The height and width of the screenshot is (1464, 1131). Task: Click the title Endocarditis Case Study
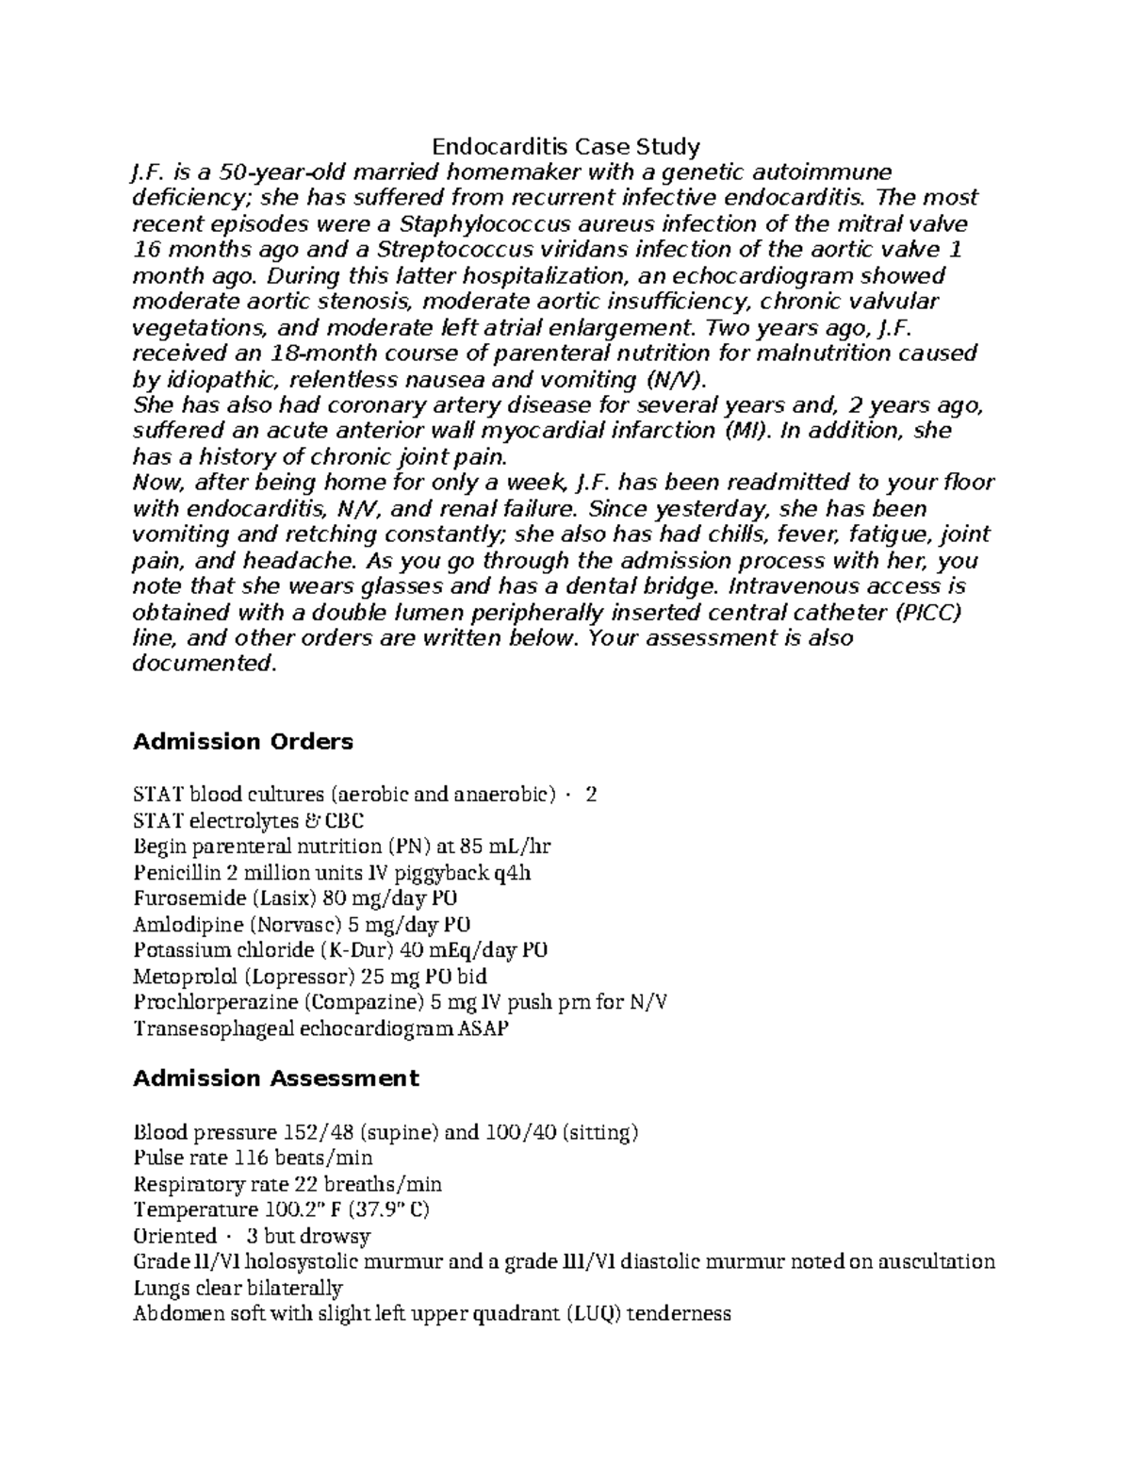pyautogui.click(x=565, y=146)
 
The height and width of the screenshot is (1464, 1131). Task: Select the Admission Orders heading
pyautogui.click(x=242, y=742)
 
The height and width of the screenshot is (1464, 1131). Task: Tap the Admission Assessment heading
pyautogui.click(x=275, y=1077)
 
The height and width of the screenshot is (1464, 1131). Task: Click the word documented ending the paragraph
pyautogui.click(x=203, y=664)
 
